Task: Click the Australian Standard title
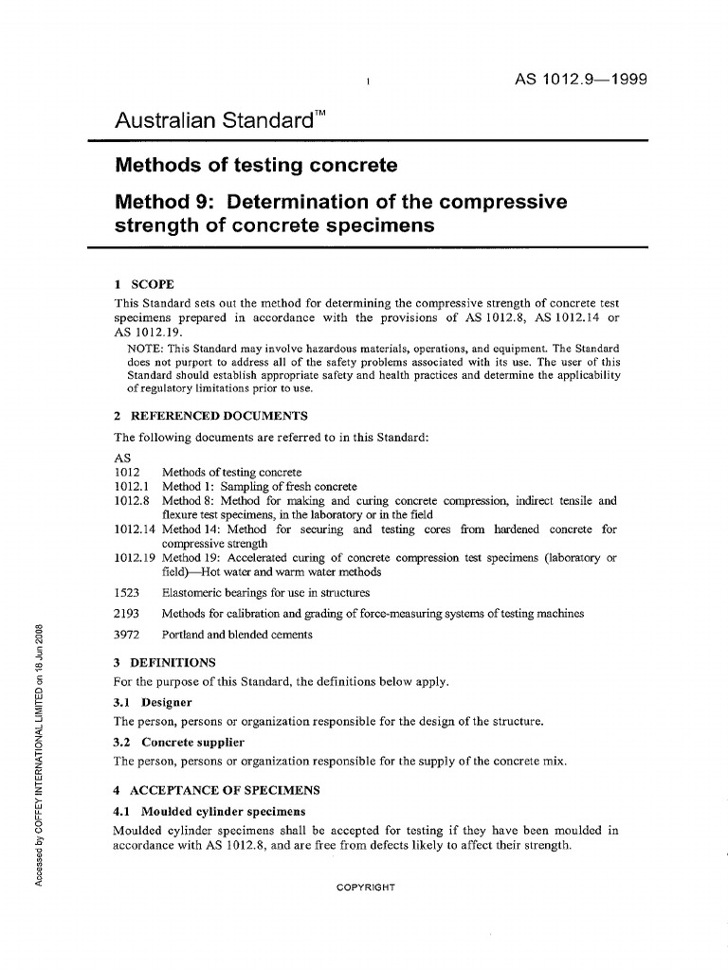[x=214, y=121]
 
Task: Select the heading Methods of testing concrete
[x=256, y=167]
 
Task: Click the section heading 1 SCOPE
[x=143, y=283]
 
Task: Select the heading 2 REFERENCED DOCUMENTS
[x=210, y=416]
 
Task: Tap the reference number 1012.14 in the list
[x=132, y=530]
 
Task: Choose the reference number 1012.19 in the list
[x=132, y=558]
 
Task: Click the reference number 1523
[x=127, y=592]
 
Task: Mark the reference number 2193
[x=127, y=613]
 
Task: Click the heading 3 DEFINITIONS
[x=165, y=661]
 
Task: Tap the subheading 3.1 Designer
[x=153, y=702]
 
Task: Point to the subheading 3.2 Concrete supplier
[x=179, y=742]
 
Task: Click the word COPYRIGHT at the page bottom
[x=364, y=888]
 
